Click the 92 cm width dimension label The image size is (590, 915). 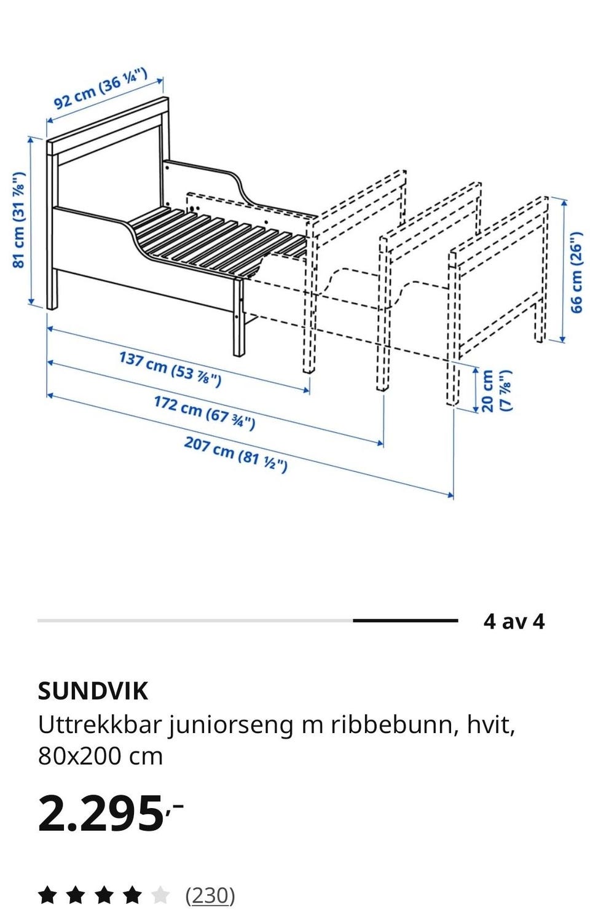pyautogui.click(x=100, y=90)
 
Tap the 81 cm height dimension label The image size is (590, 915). pyautogui.click(x=19, y=220)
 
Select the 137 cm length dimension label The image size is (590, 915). pyautogui.click(x=170, y=369)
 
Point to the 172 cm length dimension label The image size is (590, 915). pyautogui.click(x=204, y=412)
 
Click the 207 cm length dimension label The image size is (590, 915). pyautogui.click(x=235, y=454)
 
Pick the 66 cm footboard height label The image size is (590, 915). pyautogui.click(x=576, y=272)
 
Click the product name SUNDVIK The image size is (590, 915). pyautogui.click(x=93, y=691)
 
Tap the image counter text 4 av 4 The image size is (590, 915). pyautogui.click(x=514, y=622)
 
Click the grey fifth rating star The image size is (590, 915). pyautogui.click(x=160, y=895)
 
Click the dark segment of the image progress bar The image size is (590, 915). pyautogui.click(x=406, y=621)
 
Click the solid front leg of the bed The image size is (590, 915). pyautogui.click(x=239, y=318)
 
